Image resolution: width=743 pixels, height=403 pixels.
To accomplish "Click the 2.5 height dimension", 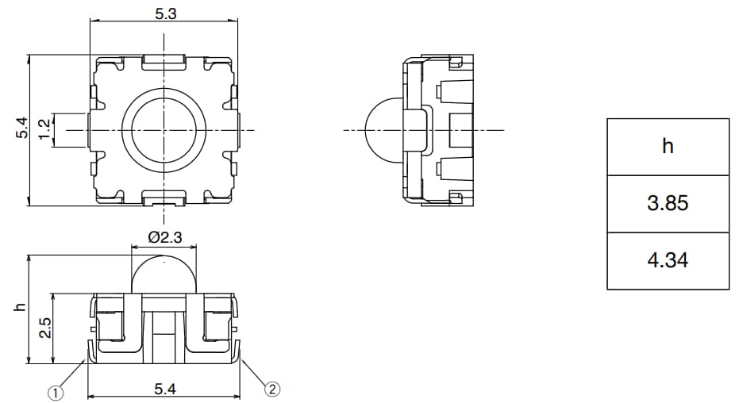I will tap(45, 328).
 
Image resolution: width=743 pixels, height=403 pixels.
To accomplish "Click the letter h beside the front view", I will tap(21, 308).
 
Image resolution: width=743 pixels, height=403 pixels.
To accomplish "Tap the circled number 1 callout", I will tap(56, 393).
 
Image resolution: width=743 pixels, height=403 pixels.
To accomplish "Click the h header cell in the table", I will tap(668, 147).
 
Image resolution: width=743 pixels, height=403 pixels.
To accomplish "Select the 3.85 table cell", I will tap(668, 204).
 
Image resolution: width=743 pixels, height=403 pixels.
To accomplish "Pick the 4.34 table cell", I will tap(668, 260).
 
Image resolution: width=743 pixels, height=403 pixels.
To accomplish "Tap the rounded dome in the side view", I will tap(381, 130).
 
